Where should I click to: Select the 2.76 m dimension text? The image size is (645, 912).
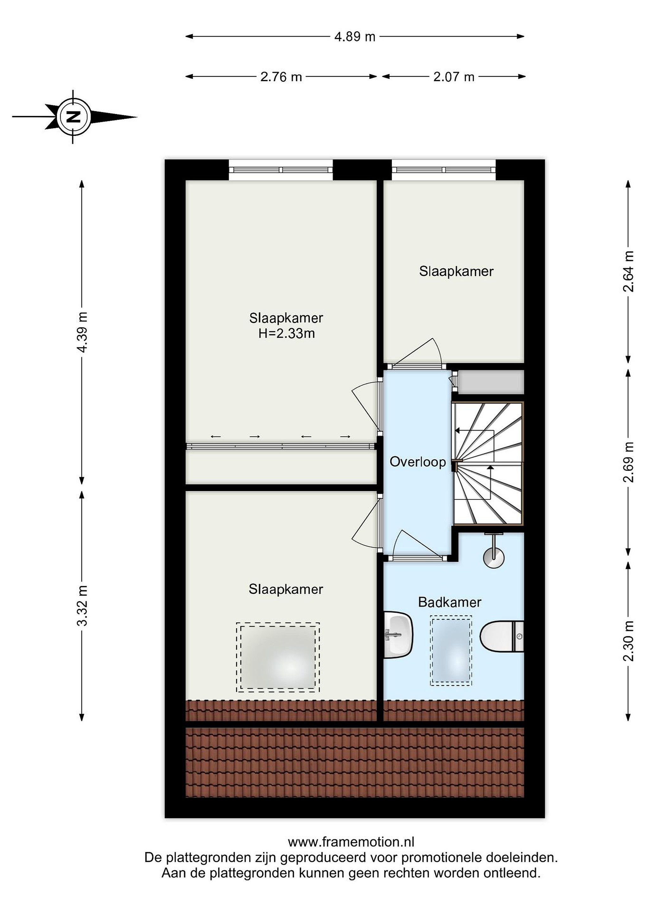point(281,77)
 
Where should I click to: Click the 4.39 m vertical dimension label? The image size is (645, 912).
point(82,332)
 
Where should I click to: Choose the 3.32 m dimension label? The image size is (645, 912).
point(82,605)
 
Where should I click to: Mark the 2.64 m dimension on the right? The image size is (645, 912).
point(628,271)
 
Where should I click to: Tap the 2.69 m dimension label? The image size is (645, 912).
point(628,462)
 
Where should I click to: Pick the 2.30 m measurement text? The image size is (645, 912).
point(628,640)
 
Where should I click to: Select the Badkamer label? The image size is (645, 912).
point(450,602)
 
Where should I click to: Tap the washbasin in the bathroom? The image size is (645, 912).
point(398,635)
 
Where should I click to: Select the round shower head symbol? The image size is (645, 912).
point(494,557)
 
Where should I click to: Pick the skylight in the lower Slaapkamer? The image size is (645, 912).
point(278,657)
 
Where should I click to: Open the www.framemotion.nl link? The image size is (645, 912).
point(351,842)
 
